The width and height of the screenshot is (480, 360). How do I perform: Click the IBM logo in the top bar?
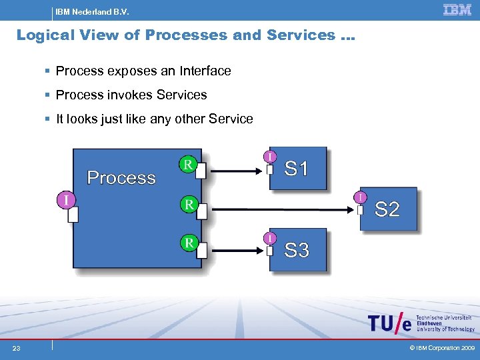pos(457,9)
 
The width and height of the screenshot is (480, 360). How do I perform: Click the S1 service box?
pos(298,169)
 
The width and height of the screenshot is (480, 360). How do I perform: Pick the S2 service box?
pos(388,209)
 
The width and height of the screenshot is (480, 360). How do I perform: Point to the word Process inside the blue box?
pos(121,178)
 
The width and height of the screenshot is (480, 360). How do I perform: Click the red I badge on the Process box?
pos(65,199)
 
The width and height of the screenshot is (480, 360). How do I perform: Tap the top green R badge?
pos(189,164)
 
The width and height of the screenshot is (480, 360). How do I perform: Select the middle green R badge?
pos(189,204)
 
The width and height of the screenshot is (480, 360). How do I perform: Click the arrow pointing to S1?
pos(237,171)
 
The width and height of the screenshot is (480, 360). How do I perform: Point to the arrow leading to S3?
pos(237,251)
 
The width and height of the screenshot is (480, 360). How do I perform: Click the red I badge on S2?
pos(359,197)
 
